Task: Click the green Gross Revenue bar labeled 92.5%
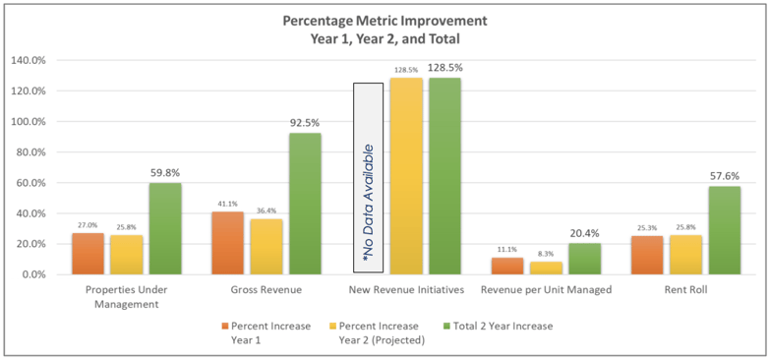point(304,204)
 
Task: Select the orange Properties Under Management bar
point(88,254)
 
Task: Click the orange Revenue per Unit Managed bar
point(507,266)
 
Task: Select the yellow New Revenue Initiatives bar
point(406,176)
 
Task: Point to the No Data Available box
point(369,177)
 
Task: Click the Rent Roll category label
point(686,291)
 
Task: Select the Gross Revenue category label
point(266,291)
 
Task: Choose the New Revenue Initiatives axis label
point(406,291)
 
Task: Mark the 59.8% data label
point(164,173)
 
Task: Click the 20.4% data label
point(584,233)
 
